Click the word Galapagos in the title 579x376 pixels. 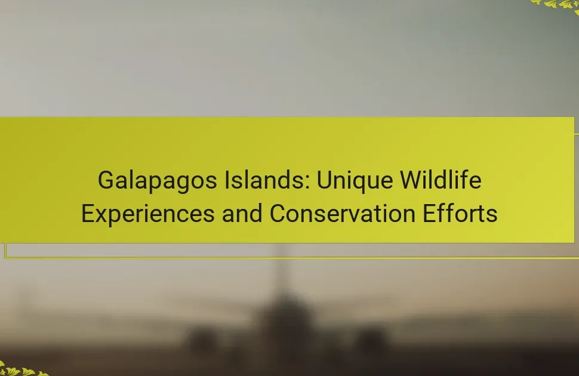click(158, 181)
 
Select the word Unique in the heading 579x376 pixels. click(355, 181)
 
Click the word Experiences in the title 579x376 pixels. click(147, 214)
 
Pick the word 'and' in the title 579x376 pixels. click(242, 214)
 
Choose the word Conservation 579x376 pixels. click(342, 214)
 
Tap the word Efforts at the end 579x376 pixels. click(460, 214)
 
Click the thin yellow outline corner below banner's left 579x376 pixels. click(5, 257)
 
